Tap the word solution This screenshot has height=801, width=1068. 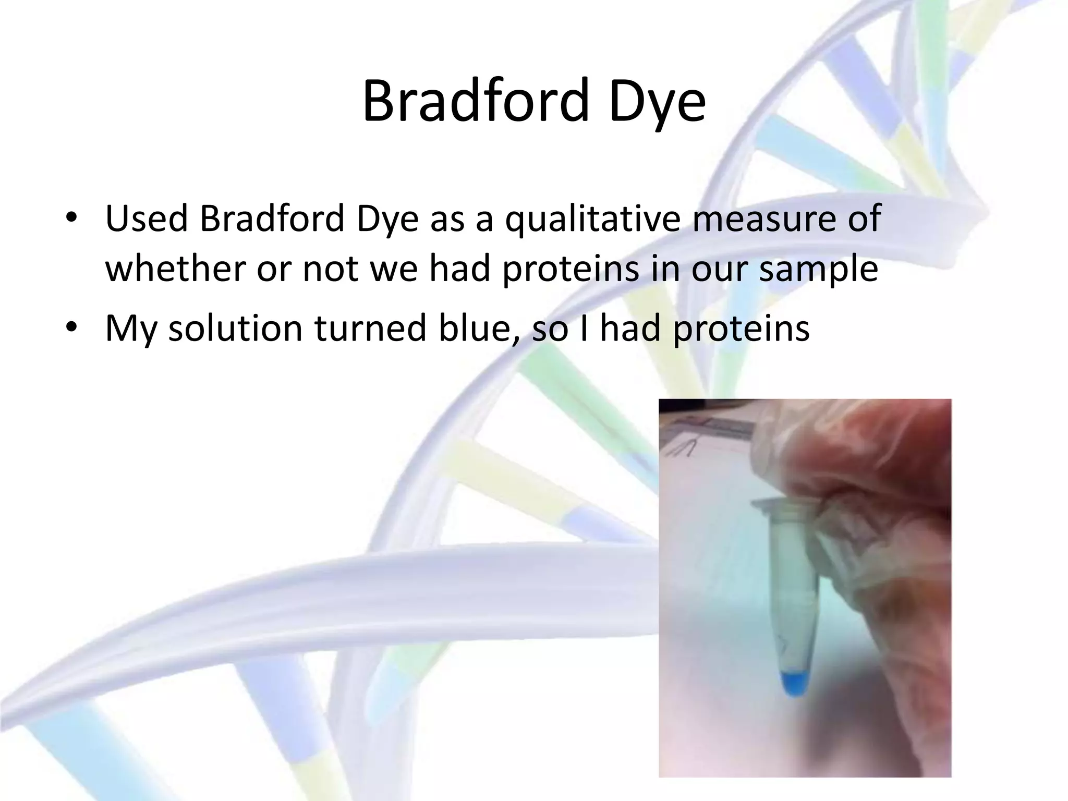tap(235, 328)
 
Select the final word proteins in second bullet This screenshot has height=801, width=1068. tap(741, 328)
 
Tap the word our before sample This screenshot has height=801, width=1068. tap(720, 270)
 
